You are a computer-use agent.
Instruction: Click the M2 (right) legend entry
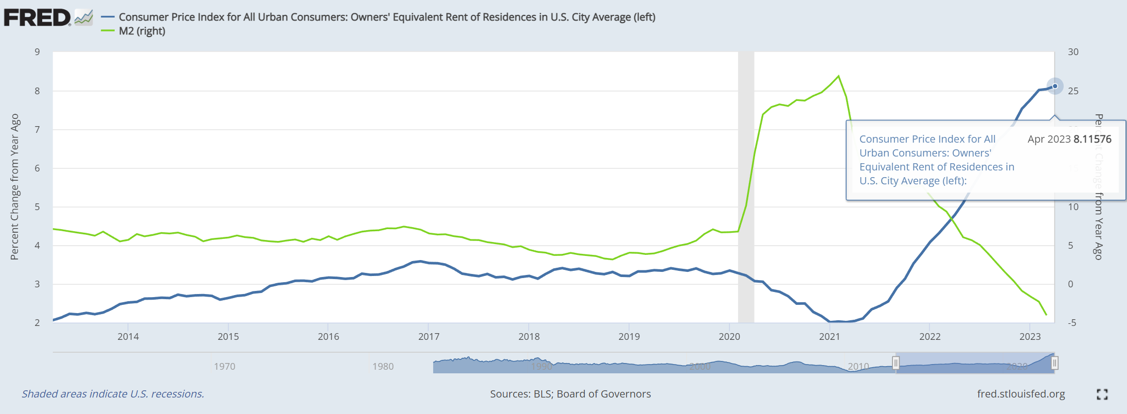(x=141, y=31)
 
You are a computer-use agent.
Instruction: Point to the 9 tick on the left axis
(x=37, y=52)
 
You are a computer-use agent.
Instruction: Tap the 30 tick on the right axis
(x=1073, y=52)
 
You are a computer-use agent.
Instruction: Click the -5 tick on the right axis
(x=1072, y=323)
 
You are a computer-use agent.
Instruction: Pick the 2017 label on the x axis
(x=428, y=337)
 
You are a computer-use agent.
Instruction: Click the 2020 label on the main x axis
(x=729, y=337)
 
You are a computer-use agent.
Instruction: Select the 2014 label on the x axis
(x=128, y=337)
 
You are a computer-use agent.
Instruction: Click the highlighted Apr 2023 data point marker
(x=1055, y=86)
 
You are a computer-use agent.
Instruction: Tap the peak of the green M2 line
(x=838, y=76)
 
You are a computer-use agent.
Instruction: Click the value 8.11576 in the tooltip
(x=1092, y=139)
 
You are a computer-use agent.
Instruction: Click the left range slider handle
(x=896, y=363)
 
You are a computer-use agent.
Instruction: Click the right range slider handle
(x=1054, y=363)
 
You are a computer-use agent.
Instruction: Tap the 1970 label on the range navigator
(x=224, y=367)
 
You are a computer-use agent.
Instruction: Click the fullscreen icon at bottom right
(x=1102, y=394)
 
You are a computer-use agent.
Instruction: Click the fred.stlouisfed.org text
(x=1021, y=394)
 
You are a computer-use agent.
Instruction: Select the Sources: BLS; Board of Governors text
(x=570, y=394)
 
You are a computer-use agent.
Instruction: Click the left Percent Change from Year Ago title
(x=14, y=187)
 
